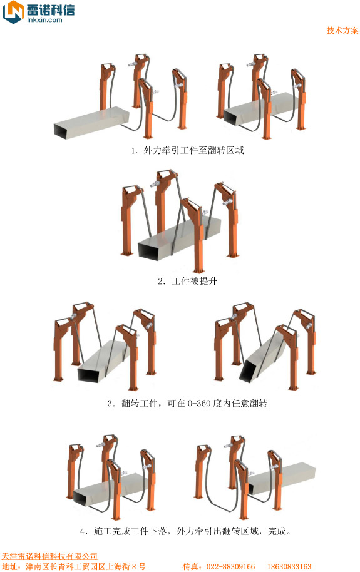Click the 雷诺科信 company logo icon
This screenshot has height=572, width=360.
13,12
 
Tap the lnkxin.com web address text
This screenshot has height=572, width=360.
44,19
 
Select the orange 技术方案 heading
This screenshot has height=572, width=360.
342,30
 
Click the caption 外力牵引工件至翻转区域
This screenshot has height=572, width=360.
193,150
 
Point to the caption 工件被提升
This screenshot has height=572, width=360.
194,281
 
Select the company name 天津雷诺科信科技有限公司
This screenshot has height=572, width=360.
49,556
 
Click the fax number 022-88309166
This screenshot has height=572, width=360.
231,566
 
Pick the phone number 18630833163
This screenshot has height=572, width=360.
289,566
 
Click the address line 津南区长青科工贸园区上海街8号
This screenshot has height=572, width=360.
85,566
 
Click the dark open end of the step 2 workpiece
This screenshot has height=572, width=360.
151,252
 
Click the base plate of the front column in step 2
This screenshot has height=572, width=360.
198,270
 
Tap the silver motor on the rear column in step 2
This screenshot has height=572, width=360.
156,183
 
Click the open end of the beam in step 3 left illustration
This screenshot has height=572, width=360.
91,375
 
